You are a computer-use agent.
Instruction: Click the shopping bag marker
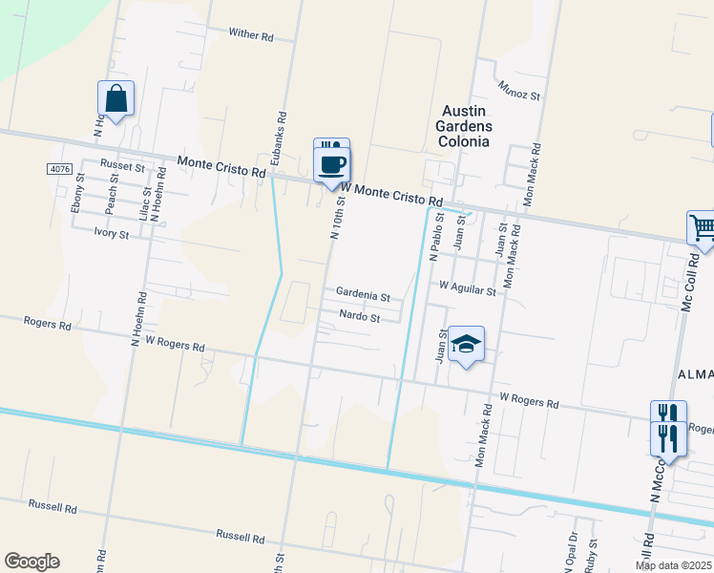[115, 98]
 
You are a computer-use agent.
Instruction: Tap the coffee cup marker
[331, 165]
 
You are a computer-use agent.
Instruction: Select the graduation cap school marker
[467, 345]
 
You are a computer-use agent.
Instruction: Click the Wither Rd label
[251, 35]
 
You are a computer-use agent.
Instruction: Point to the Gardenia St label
[363, 296]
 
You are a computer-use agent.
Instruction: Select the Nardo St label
[361, 317]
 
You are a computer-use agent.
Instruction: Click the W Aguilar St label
[467, 287]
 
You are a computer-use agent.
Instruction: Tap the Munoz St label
[519, 91]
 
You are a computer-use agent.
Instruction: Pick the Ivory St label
[111, 232]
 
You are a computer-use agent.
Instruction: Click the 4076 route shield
[59, 169]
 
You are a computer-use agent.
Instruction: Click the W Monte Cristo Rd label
[391, 195]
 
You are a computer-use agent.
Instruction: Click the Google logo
[31, 562]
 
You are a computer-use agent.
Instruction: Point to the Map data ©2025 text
[673, 565]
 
